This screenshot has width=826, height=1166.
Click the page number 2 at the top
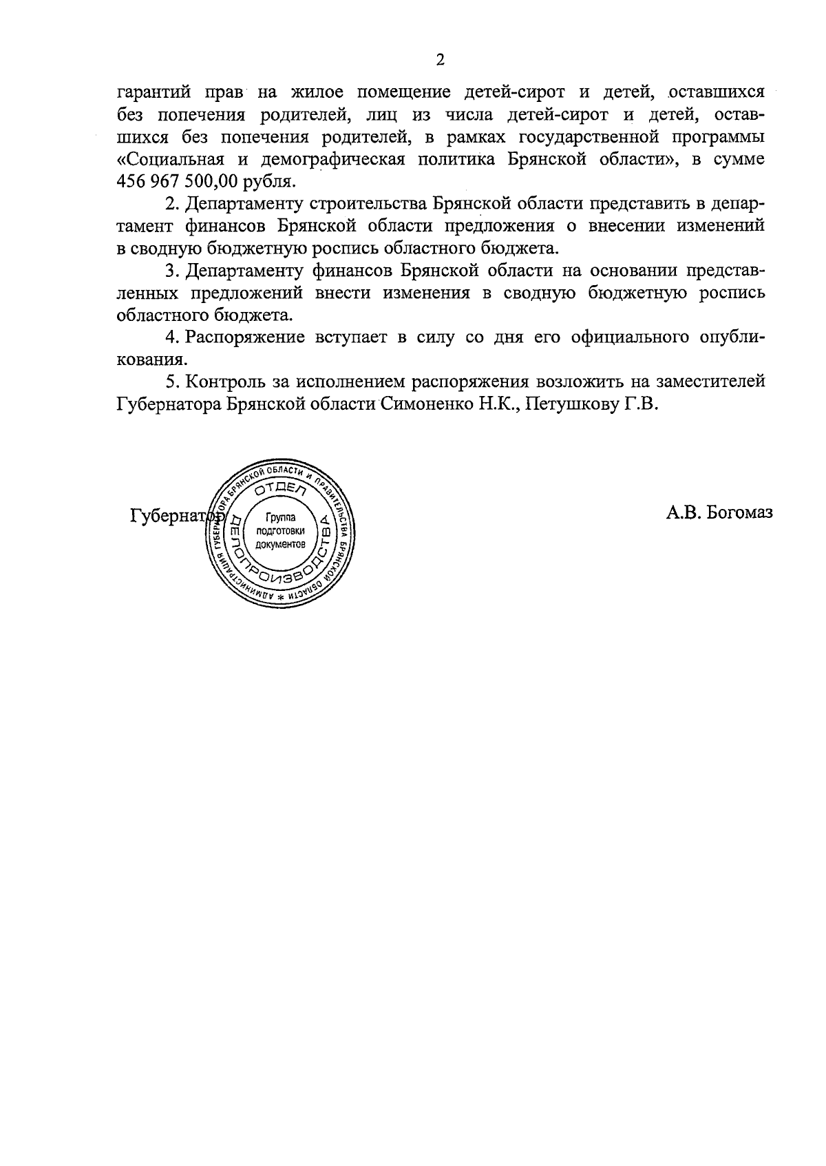(441, 60)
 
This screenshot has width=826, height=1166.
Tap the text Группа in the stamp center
(279, 517)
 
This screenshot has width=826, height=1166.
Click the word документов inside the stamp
(279, 543)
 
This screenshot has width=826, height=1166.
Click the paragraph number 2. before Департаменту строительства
(172, 205)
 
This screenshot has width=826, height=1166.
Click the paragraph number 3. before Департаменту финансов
(172, 271)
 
